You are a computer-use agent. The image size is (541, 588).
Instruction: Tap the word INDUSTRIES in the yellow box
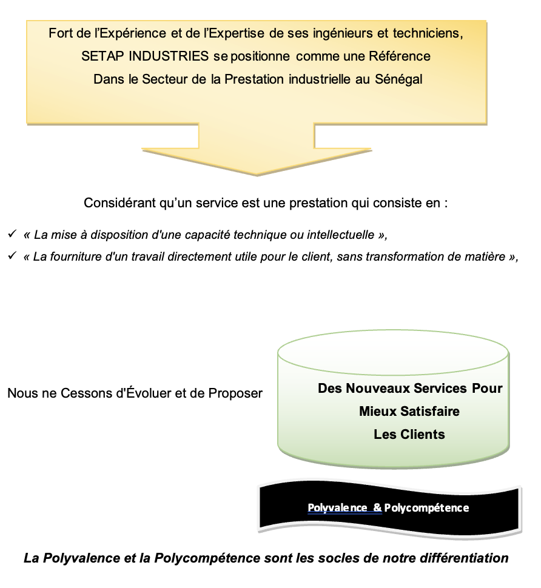click(x=169, y=56)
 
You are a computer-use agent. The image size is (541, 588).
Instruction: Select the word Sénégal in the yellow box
click(x=398, y=79)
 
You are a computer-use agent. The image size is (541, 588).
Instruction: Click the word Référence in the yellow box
click(x=400, y=56)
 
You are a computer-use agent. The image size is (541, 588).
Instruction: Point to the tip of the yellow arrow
click(x=257, y=175)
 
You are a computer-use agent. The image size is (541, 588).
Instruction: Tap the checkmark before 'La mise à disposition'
click(x=12, y=234)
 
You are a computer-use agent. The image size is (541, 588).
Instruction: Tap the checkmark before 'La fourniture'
click(x=12, y=256)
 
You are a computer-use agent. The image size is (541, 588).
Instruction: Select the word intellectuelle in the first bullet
click(x=341, y=235)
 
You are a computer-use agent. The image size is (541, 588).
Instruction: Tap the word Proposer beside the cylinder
click(x=235, y=393)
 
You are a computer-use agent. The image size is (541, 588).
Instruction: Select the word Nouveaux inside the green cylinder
click(x=378, y=389)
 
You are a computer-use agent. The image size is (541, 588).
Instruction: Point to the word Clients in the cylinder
click(x=423, y=434)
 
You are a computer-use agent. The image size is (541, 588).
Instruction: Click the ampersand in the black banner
click(x=377, y=507)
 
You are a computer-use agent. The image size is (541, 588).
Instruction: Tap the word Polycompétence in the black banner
click(x=426, y=508)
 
